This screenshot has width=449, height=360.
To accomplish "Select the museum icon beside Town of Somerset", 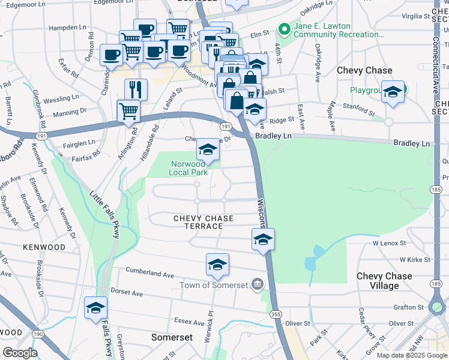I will (258, 284).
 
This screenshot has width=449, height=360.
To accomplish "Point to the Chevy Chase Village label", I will (384, 281).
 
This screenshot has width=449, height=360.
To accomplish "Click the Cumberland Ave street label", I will (149, 273).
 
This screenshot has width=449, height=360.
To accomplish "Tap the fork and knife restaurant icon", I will (136, 89).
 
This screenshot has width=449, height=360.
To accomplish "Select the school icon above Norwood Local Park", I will (208, 150).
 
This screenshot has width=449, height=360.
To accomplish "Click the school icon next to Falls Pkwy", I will (95, 308).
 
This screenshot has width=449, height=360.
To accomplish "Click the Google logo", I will (19, 353).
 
